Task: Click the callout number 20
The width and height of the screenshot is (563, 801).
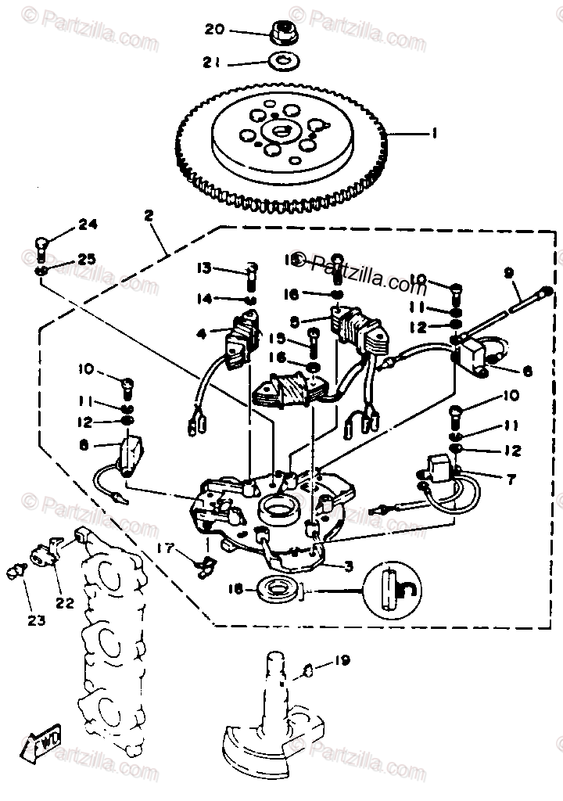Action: [x=214, y=30]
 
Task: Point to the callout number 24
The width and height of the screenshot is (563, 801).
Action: [x=88, y=225]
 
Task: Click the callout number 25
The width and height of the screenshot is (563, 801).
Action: [x=86, y=259]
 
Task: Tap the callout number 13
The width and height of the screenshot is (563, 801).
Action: [x=204, y=268]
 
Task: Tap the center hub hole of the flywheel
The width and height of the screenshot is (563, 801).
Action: [x=279, y=134]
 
